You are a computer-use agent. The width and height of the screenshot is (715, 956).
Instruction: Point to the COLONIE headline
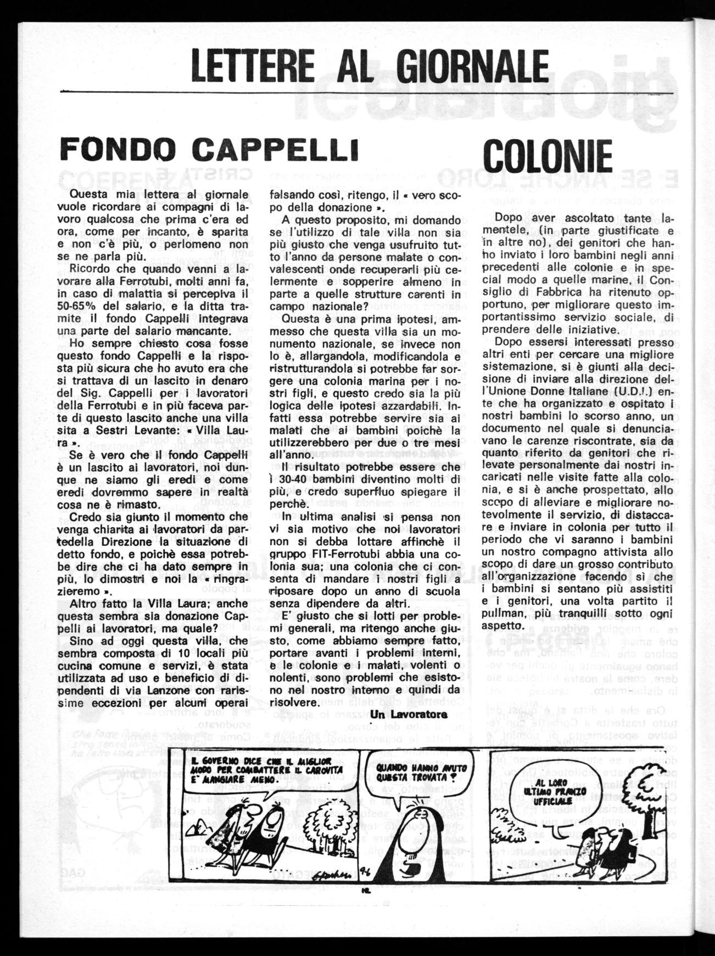pos(548,155)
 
